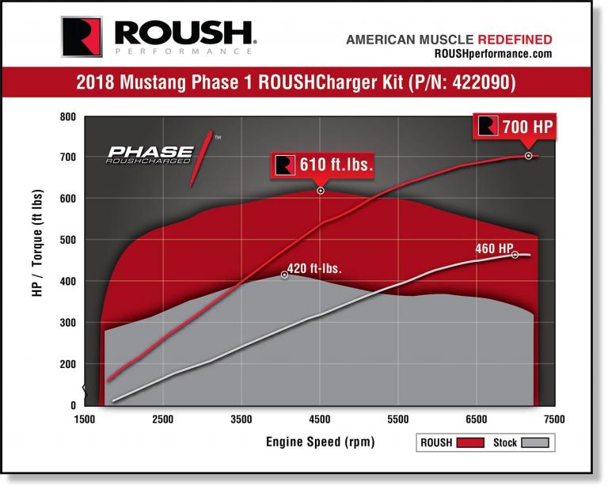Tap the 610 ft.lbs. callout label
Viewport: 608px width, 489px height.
(x=323, y=165)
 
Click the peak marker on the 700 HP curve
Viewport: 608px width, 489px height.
(x=528, y=156)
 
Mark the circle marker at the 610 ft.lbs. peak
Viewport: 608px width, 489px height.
(x=321, y=191)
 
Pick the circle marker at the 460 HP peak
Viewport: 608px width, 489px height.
(x=515, y=255)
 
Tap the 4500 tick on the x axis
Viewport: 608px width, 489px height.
(x=320, y=419)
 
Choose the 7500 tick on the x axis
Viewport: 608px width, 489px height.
(x=554, y=419)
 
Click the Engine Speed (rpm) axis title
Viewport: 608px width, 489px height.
(x=321, y=442)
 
